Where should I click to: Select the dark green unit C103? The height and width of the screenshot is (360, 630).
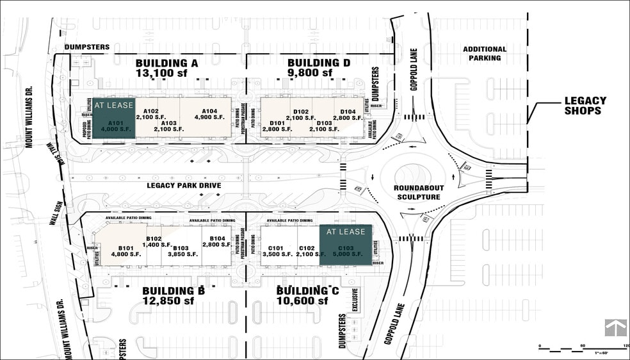tap(346, 245)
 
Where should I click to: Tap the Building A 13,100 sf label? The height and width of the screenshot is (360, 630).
tap(167, 68)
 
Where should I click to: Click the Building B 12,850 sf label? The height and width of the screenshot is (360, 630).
tap(174, 296)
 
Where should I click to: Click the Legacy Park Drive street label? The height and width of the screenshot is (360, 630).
tap(184, 186)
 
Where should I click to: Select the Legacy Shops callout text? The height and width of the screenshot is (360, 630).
tap(585, 106)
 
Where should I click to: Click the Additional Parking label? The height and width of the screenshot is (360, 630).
tap(485, 54)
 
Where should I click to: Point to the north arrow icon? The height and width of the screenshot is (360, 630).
tap(615, 327)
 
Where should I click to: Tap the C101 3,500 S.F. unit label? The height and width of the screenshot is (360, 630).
tap(276, 251)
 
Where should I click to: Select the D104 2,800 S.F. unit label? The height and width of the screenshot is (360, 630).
tap(348, 115)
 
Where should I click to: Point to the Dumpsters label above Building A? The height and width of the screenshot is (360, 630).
tap(87, 47)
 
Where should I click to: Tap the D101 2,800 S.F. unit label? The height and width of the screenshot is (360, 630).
tap(277, 126)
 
